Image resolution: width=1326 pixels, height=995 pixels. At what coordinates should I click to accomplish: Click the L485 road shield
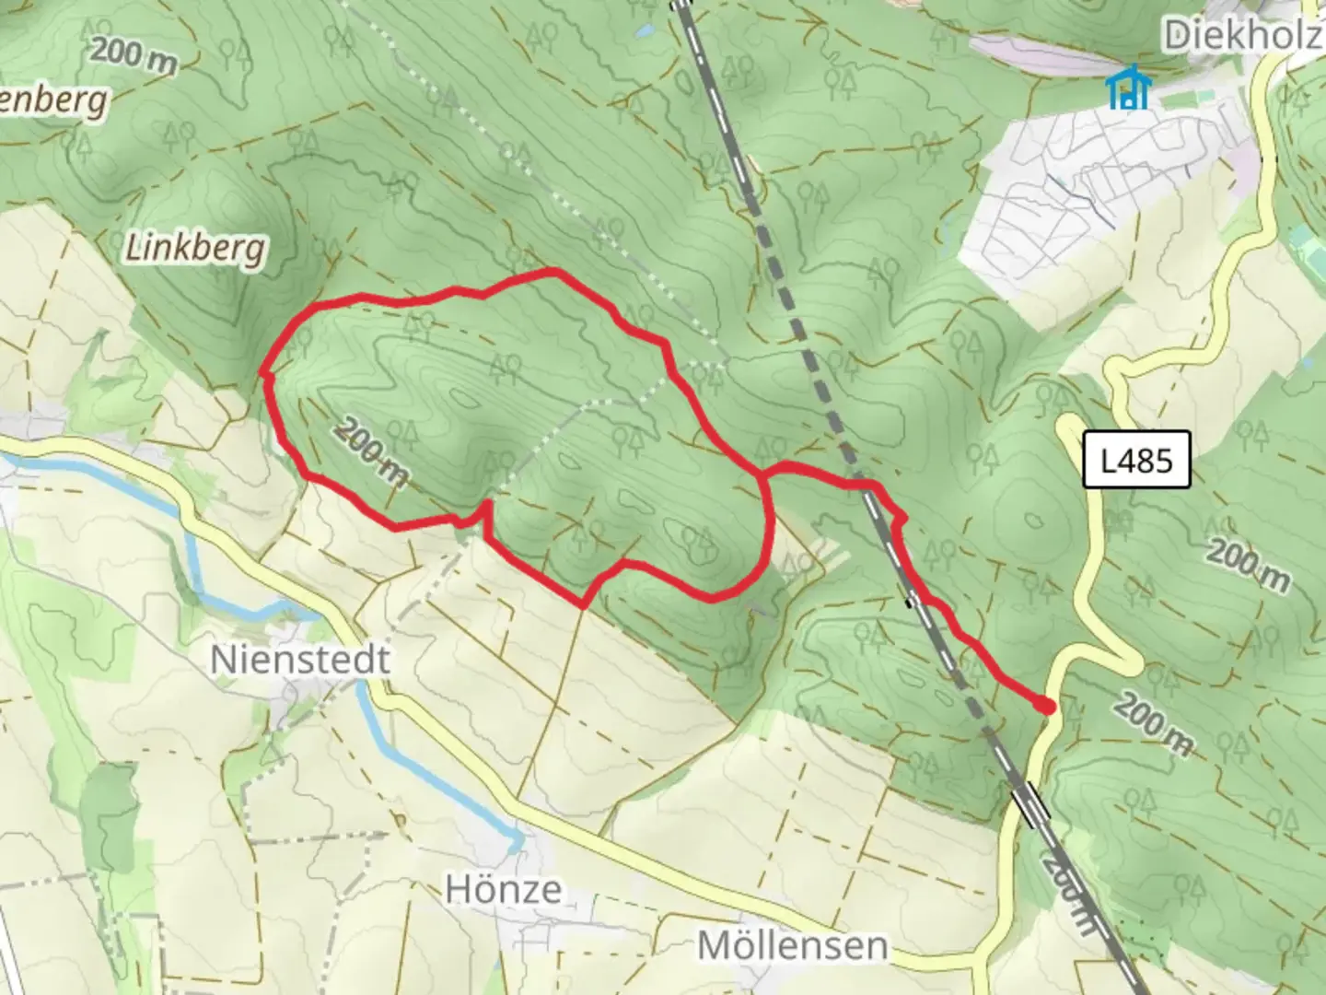(1137, 459)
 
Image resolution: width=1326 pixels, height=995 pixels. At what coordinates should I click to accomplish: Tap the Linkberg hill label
(195, 248)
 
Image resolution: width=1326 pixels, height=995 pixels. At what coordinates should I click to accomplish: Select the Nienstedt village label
(299, 660)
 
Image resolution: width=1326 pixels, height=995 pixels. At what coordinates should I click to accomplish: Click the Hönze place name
(503, 889)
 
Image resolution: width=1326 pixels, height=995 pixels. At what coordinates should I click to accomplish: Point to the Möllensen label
(792, 945)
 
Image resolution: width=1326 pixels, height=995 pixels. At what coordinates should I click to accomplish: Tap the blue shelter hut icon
(1128, 88)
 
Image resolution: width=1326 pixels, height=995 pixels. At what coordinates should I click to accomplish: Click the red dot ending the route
(1045, 706)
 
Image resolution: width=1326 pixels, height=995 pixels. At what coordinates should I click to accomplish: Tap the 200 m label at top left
(134, 55)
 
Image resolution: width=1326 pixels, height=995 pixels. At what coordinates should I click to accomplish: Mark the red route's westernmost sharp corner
(264, 373)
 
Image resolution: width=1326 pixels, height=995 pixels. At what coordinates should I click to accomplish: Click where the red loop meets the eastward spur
(762, 474)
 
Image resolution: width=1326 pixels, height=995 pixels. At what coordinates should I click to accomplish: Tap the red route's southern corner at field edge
(583, 605)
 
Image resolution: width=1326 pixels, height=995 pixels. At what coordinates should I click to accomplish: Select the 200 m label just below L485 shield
(1248, 565)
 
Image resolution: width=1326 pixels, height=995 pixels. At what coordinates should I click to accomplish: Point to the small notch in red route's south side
(481, 511)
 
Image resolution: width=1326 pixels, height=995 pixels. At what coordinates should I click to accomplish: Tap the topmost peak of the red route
(552, 271)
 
